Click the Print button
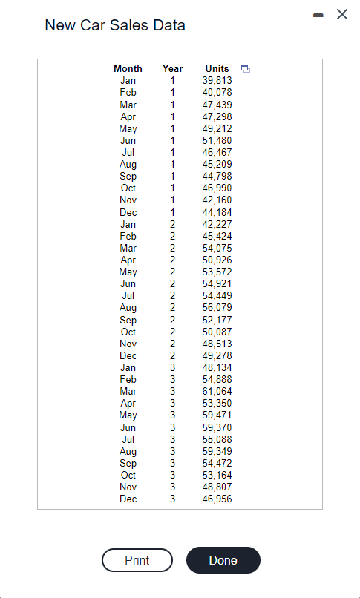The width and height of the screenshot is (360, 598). pyautogui.click(x=137, y=560)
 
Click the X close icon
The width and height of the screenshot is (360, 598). pyautogui.click(x=342, y=15)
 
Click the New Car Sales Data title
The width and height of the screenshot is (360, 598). pyautogui.click(x=115, y=25)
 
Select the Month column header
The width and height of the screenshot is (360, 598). pyautogui.click(x=128, y=68)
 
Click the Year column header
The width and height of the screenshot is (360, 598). pyautogui.click(x=172, y=68)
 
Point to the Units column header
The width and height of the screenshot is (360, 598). pyautogui.click(x=217, y=68)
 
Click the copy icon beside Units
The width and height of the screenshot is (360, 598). pyautogui.click(x=246, y=69)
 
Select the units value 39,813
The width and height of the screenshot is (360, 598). pyautogui.click(x=217, y=80)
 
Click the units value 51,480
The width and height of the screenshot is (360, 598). pyautogui.click(x=217, y=140)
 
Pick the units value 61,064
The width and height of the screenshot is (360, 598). pyautogui.click(x=217, y=391)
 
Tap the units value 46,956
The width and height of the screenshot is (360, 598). pyautogui.click(x=217, y=499)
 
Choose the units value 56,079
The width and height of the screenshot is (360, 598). pyautogui.click(x=217, y=307)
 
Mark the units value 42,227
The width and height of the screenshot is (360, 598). pyautogui.click(x=217, y=224)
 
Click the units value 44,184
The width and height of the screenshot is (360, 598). pyautogui.click(x=217, y=212)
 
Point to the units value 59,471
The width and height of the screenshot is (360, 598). pyautogui.click(x=217, y=415)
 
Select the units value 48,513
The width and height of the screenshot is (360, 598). pyautogui.click(x=217, y=344)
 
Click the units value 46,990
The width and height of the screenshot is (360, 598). pyautogui.click(x=217, y=188)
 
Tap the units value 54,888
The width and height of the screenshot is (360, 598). pyautogui.click(x=217, y=379)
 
